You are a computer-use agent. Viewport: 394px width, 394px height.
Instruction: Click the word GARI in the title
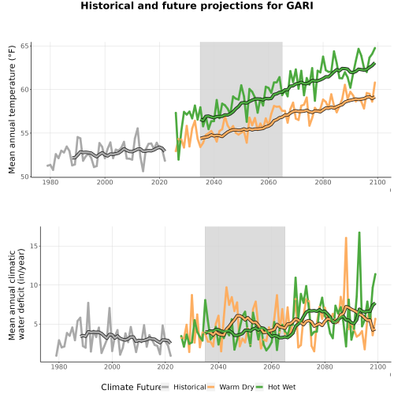click(x=299, y=6)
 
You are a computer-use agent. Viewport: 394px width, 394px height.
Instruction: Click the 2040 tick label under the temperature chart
click(x=214, y=182)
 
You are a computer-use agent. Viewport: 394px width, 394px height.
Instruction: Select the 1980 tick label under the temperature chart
click(x=50, y=182)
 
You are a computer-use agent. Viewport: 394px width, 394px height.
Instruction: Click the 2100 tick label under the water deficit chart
click(x=377, y=366)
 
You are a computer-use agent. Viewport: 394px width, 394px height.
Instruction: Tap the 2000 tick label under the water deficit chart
click(x=112, y=366)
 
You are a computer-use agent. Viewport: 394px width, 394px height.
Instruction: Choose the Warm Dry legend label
click(x=236, y=387)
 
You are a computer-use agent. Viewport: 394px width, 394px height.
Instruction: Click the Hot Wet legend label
click(x=282, y=387)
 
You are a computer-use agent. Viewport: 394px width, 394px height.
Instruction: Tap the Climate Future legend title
click(x=131, y=387)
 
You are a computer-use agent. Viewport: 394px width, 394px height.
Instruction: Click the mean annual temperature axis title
click(x=12, y=110)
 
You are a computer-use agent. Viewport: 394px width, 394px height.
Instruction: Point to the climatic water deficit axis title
click(x=17, y=294)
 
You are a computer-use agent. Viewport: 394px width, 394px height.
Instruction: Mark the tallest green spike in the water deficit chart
click(x=359, y=232)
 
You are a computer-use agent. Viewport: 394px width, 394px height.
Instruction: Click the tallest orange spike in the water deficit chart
click(x=346, y=238)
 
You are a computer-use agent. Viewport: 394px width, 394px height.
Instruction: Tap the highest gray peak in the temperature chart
click(x=138, y=128)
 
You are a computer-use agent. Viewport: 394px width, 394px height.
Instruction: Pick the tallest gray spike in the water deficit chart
click(x=88, y=303)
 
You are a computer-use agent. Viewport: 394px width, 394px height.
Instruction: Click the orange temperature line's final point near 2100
click(x=375, y=83)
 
